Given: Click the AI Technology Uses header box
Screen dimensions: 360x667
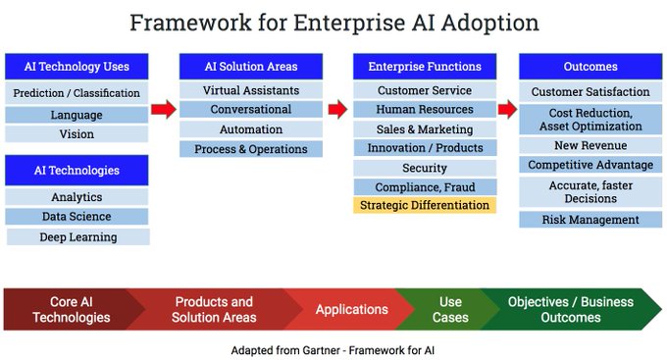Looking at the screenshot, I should click(x=77, y=67).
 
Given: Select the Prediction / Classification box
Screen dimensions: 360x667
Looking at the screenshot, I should click(x=77, y=94).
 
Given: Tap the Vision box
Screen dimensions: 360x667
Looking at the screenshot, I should click(x=77, y=134).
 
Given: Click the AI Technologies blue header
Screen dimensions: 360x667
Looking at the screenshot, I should click(x=77, y=170).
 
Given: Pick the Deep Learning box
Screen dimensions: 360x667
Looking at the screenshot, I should click(x=78, y=236).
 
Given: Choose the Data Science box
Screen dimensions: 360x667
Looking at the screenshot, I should click(x=77, y=217).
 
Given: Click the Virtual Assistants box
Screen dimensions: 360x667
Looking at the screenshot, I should click(x=250, y=90).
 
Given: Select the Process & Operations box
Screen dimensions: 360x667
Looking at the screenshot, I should click(x=250, y=149).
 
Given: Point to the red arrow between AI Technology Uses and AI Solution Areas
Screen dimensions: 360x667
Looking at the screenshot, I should click(x=164, y=109).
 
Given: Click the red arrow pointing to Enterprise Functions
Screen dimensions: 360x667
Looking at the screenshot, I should click(x=337, y=109).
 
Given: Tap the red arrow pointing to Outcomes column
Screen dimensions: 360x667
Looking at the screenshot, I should click(x=506, y=109).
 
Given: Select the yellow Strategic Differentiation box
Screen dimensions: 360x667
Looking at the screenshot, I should click(x=424, y=205).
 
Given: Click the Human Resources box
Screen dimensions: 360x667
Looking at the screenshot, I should click(x=424, y=110).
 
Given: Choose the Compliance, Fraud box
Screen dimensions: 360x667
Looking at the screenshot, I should click(x=424, y=186).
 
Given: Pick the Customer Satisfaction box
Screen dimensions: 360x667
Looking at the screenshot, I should click(x=590, y=92).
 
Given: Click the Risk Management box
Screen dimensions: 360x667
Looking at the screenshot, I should click(x=590, y=220).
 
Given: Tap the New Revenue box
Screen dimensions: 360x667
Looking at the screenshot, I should click(x=590, y=145).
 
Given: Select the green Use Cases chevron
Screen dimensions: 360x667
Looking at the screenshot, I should click(x=448, y=309).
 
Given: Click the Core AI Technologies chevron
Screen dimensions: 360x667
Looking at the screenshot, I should click(x=71, y=309).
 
